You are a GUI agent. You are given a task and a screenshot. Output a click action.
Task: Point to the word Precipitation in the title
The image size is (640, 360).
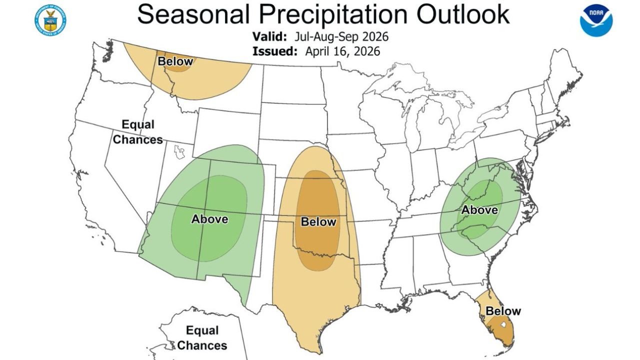[x=330, y=15]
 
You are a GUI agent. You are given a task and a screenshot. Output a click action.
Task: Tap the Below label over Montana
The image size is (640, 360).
[x=175, y=61]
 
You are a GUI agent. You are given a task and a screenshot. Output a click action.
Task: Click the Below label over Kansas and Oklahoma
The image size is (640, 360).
[x=318, y=221]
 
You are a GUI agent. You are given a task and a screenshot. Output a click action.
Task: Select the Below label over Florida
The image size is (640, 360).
[x=503, y=311]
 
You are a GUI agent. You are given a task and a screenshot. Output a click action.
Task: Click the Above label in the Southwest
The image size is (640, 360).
[x=209, y=219]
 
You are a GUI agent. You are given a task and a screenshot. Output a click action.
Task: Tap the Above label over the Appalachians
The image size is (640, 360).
[x=479, y=210]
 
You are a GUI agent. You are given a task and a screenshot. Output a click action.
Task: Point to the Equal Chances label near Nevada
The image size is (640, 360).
[x=137, y=132]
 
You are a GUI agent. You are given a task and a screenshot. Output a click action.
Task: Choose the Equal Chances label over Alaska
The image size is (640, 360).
[x=202, y=338]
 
